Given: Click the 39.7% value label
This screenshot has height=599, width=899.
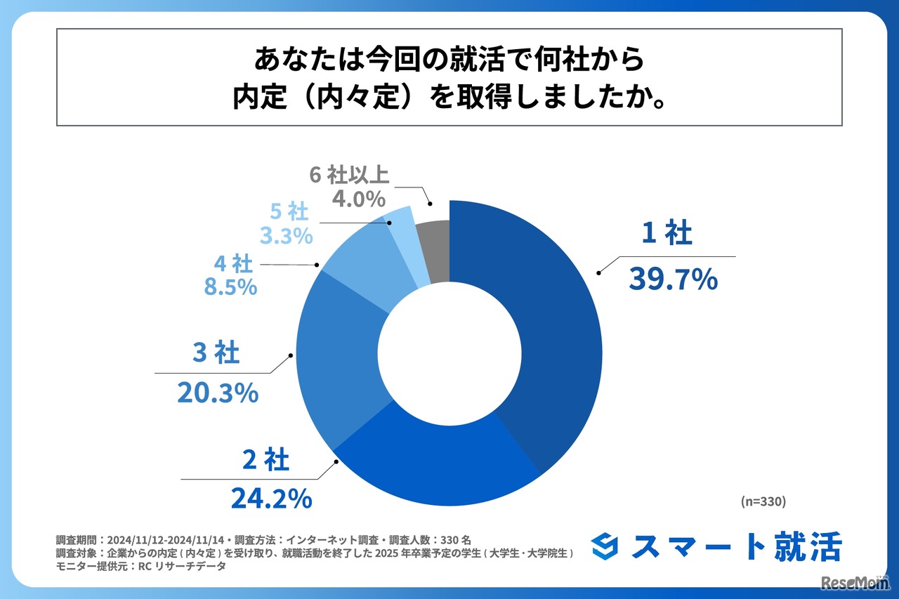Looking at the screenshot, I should click(x=673, y=279).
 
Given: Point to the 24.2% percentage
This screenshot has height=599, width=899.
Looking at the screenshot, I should click(x=271, y=498).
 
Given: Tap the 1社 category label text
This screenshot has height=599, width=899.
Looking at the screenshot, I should click(x=667, y=235).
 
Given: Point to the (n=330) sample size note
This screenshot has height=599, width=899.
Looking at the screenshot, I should click(x=763, y=501).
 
